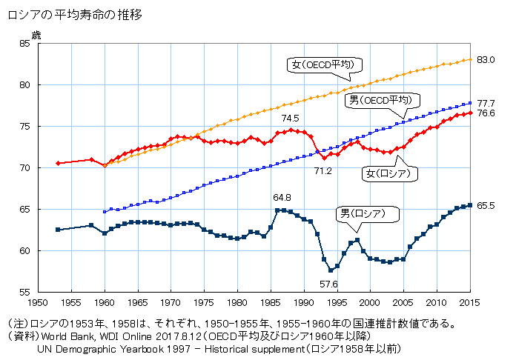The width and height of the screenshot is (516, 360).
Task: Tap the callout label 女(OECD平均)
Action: tap(325, 65)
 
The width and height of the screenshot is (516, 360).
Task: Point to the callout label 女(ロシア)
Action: tap(388, 173)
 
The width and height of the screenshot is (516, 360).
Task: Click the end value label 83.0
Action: tap(486, 59)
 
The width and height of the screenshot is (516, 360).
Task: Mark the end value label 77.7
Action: tap(486, 103)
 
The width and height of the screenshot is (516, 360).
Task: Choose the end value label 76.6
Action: tap(486, 113)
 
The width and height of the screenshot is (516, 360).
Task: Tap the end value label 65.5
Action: tap(486, 205)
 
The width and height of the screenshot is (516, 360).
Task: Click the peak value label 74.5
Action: tap(290, 118)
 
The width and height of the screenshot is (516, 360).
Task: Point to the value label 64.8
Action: tap(282, 197)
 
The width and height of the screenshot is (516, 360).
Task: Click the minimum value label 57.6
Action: tap(329, 284)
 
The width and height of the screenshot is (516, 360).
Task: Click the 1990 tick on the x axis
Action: tap(304, 302)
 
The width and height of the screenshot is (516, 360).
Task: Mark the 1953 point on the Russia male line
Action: tap(58, 230)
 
